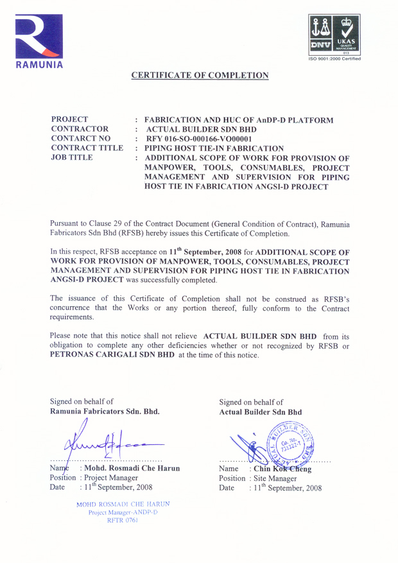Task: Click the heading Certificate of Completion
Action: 200,76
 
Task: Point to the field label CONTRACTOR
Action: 78,128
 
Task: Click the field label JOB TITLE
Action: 73,157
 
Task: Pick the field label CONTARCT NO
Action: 81,138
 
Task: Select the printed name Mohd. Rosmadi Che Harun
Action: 132,468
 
